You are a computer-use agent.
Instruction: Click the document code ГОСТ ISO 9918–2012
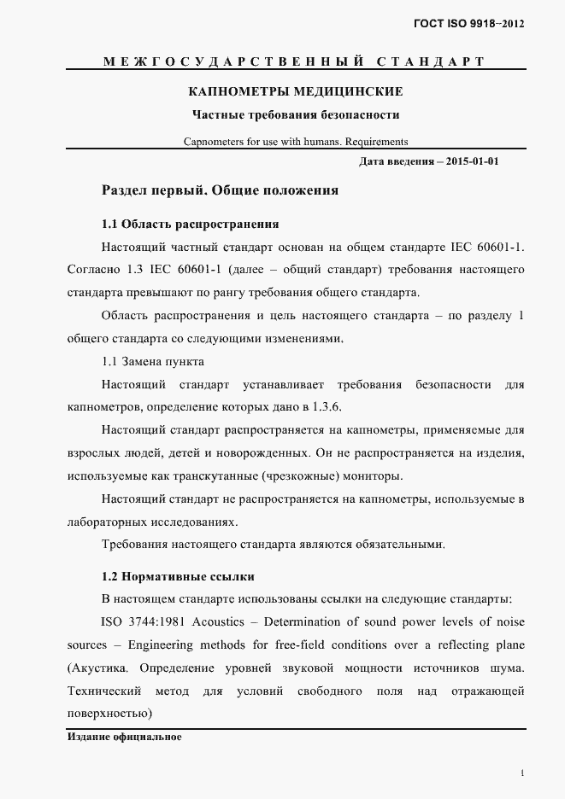(x=469, y=24)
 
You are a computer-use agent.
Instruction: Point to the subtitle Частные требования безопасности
(x=296, y=114)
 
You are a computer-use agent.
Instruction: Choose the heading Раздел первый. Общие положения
(x=220, y=190)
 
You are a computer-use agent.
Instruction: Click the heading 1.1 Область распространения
(x=190, y=225)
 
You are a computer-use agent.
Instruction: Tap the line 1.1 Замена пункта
(x=152, y=361)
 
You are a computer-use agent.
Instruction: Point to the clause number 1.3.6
(x=329, y=406)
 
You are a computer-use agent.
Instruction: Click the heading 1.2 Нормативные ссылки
(x=177, y=577)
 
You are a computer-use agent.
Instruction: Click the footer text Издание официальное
(x=124, y=736)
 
